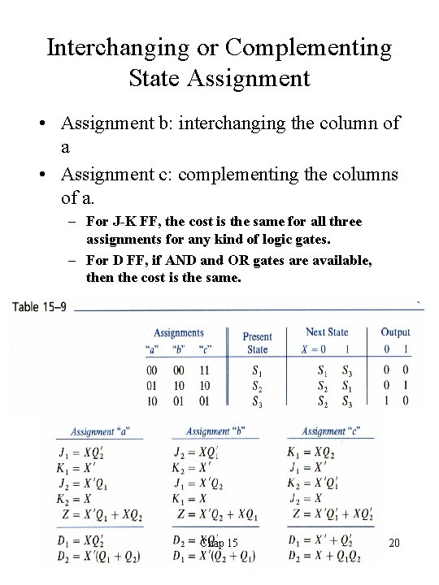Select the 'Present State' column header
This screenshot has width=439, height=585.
[x=257, y=343]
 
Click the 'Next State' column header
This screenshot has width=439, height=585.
[x=327, y=331]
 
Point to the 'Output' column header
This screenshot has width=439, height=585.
[x=395, y=331]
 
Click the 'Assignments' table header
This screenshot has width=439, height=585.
[x=179, y=332]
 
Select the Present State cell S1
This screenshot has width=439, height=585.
[x=257, y=370]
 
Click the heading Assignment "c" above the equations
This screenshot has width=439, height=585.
[x=334, y=431]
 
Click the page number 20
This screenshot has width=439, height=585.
[x=395, y=543]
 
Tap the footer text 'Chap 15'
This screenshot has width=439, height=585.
[x=219, y=543]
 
